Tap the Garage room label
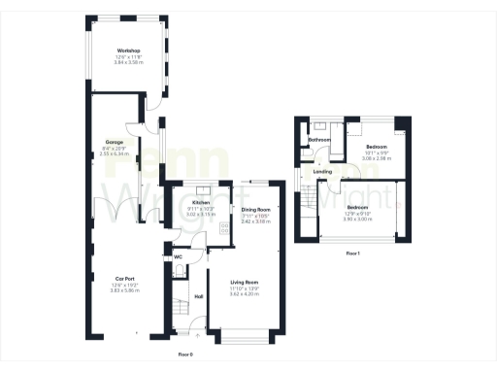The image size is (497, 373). coord(114,142)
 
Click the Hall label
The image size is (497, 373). coord(199,296)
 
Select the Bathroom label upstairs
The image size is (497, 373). coord(319,140)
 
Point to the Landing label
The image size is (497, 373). coord(323,173)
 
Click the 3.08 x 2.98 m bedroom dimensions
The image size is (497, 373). coord(377,157)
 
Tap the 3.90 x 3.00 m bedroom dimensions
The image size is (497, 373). coord(357,219)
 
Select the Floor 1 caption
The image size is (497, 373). coord(352,254)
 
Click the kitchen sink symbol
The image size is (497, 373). coord(201,191)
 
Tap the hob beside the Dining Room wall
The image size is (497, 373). coord(224,229)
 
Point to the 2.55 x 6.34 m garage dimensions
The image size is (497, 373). coord(114,153)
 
